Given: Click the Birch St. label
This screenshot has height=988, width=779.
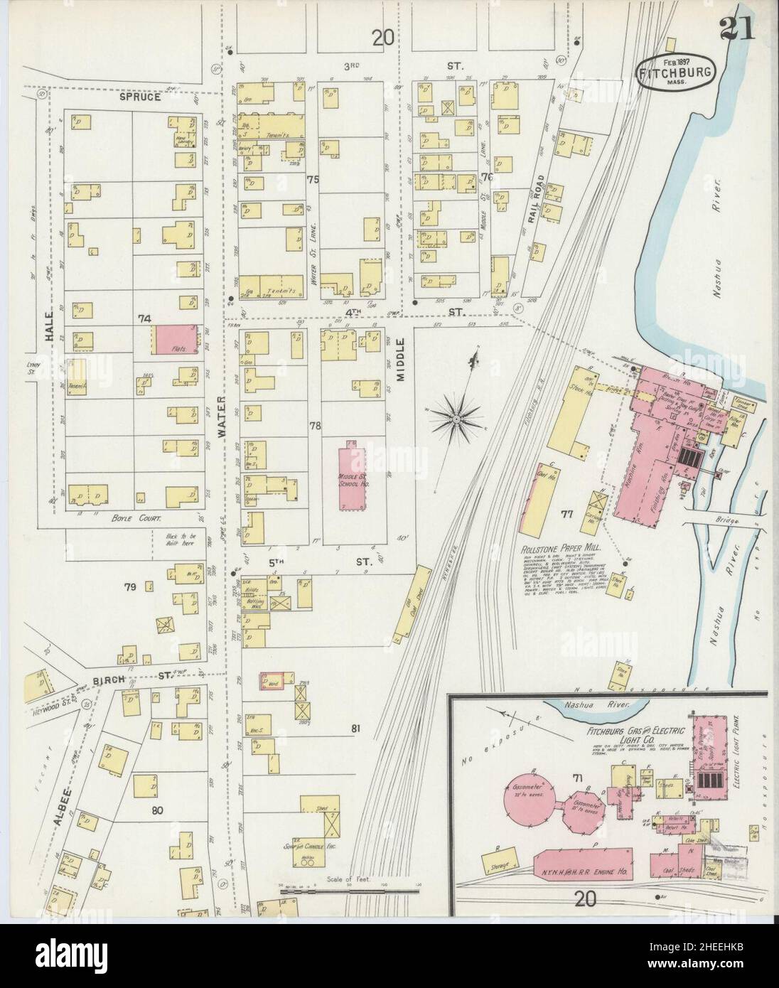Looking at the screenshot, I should [x=139, y=679].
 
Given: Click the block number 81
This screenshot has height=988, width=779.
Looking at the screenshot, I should [x=355, y=727].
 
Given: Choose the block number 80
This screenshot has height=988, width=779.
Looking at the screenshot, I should [x=156, y=808].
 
